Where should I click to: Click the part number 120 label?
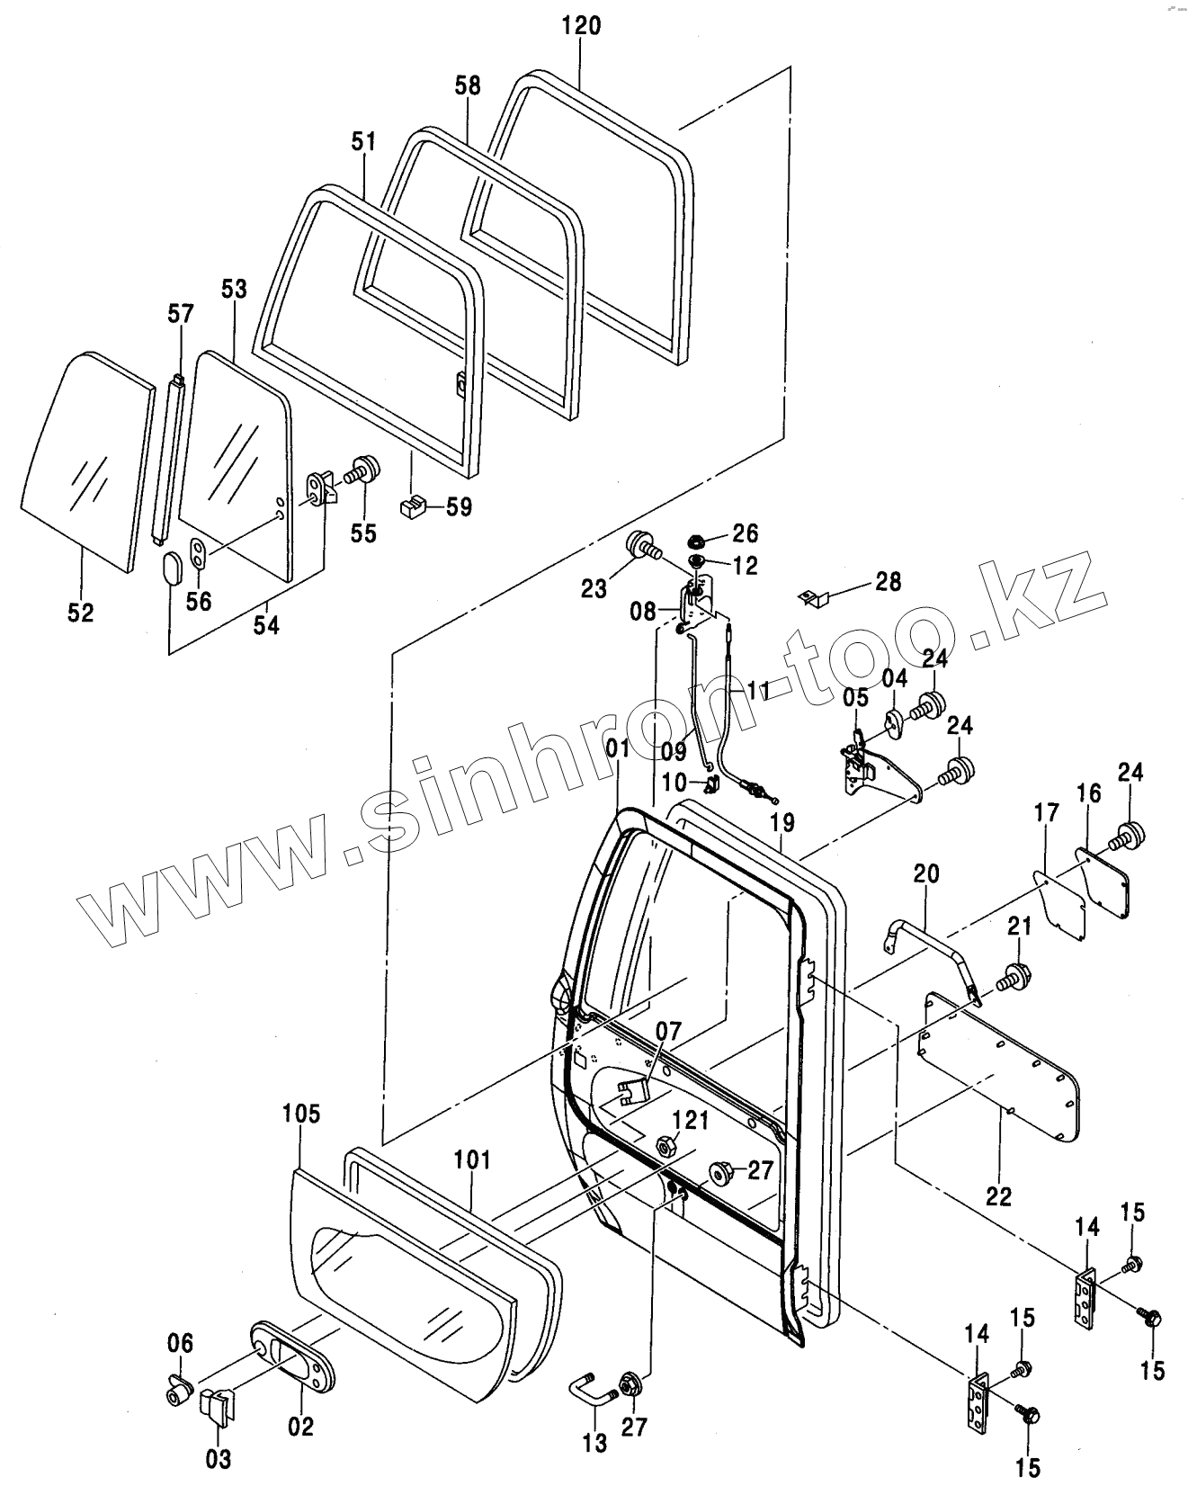(x=581, y=25)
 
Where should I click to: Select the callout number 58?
(x=468, y=85)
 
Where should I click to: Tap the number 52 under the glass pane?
(x=80, y=613)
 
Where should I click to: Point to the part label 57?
(x=181, y=314)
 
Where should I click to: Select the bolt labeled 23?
(x=642, y=545)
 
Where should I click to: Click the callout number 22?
(x=999, y=1196)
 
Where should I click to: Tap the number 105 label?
(x=300, y=1114)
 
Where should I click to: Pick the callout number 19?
(x=782, y=820)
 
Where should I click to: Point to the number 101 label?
(x=472, y=1159)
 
